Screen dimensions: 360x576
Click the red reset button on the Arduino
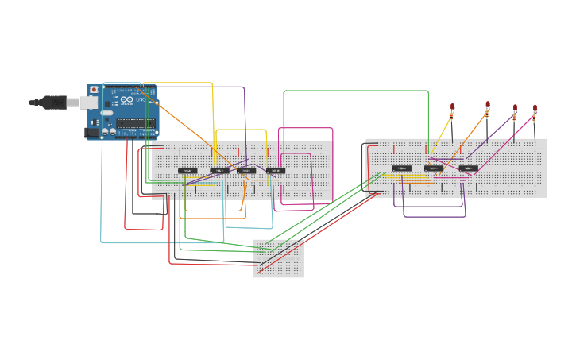point(94,90)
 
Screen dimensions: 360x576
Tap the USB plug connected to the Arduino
point(54,102)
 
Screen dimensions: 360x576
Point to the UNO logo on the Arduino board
point(140,99)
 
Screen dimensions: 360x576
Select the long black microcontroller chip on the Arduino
point(135,123)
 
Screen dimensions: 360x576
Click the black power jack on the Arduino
point(92,133)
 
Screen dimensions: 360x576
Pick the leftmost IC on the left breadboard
point(187,170)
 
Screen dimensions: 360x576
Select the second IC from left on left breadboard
point(219,170)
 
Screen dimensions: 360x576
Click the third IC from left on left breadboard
point(246,170)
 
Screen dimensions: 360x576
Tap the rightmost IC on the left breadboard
point(275,170)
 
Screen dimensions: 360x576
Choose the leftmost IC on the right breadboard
point(402,168)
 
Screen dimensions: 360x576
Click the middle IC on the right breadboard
point(434,168)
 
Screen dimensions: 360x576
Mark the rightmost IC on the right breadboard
point(469,168)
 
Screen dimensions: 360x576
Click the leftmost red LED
point(453,106)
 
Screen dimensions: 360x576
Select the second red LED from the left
point(488,104)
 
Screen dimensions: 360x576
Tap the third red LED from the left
point(515,107)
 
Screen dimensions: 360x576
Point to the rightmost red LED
point(535,107)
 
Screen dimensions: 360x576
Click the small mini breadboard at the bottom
point(278,258)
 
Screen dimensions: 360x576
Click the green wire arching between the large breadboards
point(356,91)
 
